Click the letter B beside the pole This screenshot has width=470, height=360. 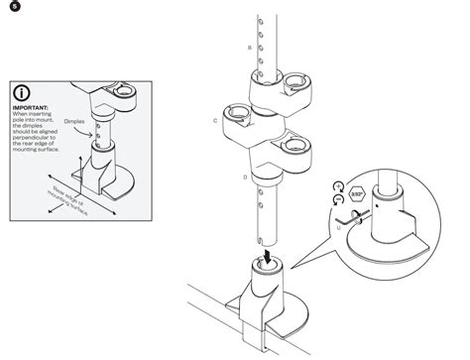248,48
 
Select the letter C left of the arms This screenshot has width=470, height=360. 215,119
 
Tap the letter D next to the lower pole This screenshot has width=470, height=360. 245,176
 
